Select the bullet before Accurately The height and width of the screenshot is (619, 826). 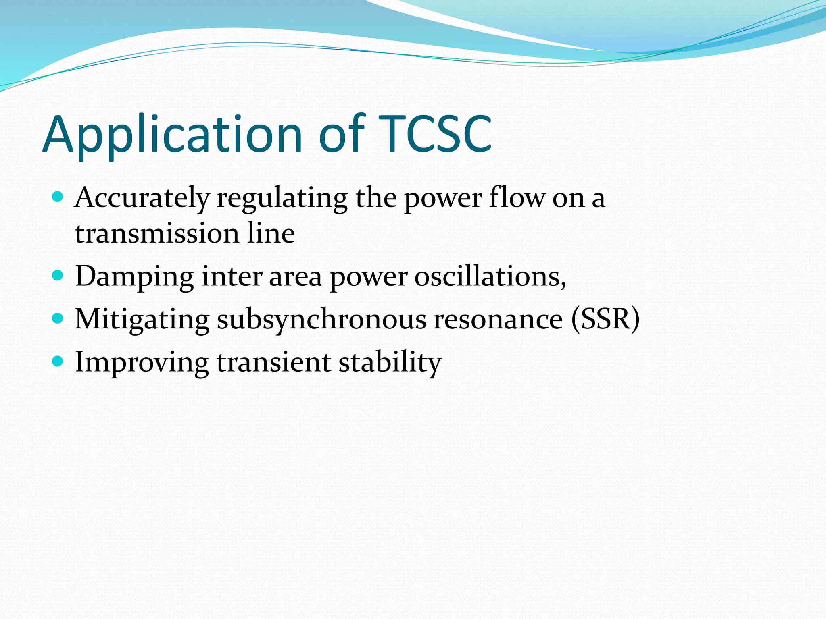click(58, 197)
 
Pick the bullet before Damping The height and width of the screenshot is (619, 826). click(58, 276)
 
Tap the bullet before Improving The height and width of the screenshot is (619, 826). click(58, 361)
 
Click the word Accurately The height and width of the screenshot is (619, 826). click(142, 199)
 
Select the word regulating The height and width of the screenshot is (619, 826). click(282, 199)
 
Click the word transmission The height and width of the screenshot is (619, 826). click(157, 234)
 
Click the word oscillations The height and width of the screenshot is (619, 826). click(490, 277)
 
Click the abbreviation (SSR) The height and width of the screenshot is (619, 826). click(605, 320)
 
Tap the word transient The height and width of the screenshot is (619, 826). click(274, 362)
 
